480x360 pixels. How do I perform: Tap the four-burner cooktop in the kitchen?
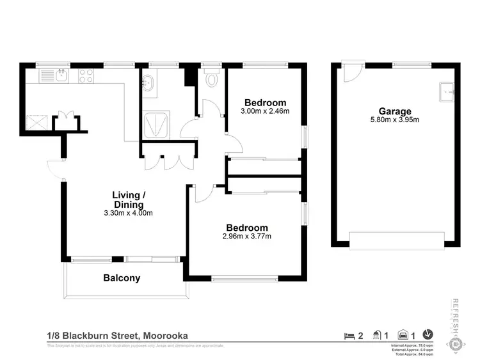[x=86, y=76]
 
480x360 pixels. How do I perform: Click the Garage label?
[x=394, y=111]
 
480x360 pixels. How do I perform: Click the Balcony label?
[x=122, y=278]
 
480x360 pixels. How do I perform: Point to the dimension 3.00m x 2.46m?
[x=265, y=111]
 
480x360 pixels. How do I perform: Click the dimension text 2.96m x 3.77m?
[x=246, y=236]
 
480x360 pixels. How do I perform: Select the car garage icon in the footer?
[x=403, y=335]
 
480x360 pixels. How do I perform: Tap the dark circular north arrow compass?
[x=428, y=334]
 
